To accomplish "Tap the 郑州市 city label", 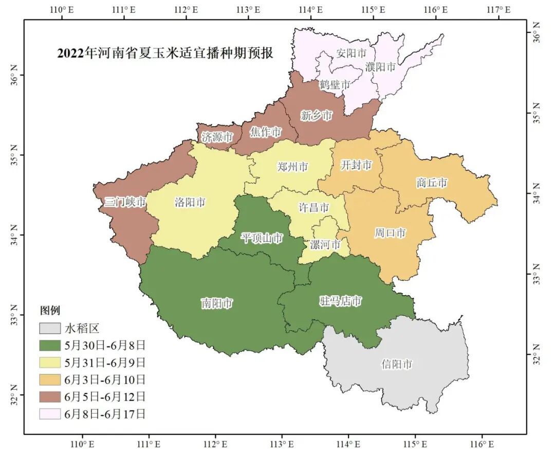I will [x=292, y=167].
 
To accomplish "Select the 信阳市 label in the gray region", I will [x=396, y=365].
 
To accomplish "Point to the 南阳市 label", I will [x=216, y=303].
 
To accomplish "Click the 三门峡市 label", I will [x=125, y=202].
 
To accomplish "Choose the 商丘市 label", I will [x=432, y=183].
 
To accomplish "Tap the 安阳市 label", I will [x=351, y=52].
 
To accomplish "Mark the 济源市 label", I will [x=217, y=137].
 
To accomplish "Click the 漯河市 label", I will [x=325, y=244].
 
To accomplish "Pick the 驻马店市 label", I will [x=341, y=301].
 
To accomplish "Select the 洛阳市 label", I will [x=190, y=202].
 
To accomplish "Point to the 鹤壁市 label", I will [x=335, y=84].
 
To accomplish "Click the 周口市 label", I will [x=390, y=233].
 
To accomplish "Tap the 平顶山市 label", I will [x=262, y=238].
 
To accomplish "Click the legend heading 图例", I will [x=50, y=310].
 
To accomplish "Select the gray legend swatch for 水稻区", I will [x=50, y=328].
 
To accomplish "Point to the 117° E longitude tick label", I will [x=498, y=9].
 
